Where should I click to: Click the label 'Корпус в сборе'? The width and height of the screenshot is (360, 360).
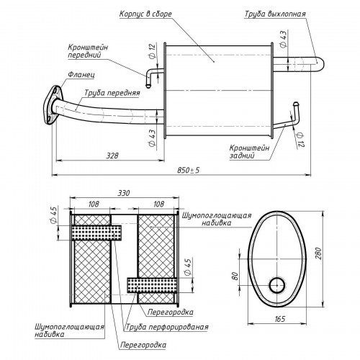(145, 14)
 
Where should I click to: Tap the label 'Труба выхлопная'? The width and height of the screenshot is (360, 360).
(275, 14)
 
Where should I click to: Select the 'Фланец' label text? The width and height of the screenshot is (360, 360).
(81, 74)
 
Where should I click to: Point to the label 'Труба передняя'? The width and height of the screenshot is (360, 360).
(112, 93)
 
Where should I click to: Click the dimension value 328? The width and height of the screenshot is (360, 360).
(112, 156)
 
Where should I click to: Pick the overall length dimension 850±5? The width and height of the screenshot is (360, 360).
(189, 170)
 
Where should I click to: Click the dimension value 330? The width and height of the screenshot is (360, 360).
(124, 193)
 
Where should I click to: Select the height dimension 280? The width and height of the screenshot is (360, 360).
(318, 253)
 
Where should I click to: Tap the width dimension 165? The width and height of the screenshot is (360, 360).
(279, 319)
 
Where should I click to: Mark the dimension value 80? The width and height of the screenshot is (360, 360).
(235, 276)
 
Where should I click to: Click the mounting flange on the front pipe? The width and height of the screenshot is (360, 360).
(53, 105)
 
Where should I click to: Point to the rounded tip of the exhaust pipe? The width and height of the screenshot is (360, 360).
(322, 64)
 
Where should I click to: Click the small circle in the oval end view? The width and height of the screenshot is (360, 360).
(277, 286)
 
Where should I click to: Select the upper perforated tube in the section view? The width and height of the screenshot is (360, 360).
(96, 233)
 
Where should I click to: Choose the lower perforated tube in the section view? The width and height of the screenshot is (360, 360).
(152, 285)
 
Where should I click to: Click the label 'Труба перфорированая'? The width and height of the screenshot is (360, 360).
(167, 327)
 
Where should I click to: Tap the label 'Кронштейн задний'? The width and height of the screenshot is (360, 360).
(249, 152)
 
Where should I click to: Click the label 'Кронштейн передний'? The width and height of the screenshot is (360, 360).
(88, 51)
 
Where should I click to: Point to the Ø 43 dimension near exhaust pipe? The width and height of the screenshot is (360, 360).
(283, 40)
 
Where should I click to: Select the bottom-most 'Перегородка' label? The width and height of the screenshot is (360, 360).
(143, 345)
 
